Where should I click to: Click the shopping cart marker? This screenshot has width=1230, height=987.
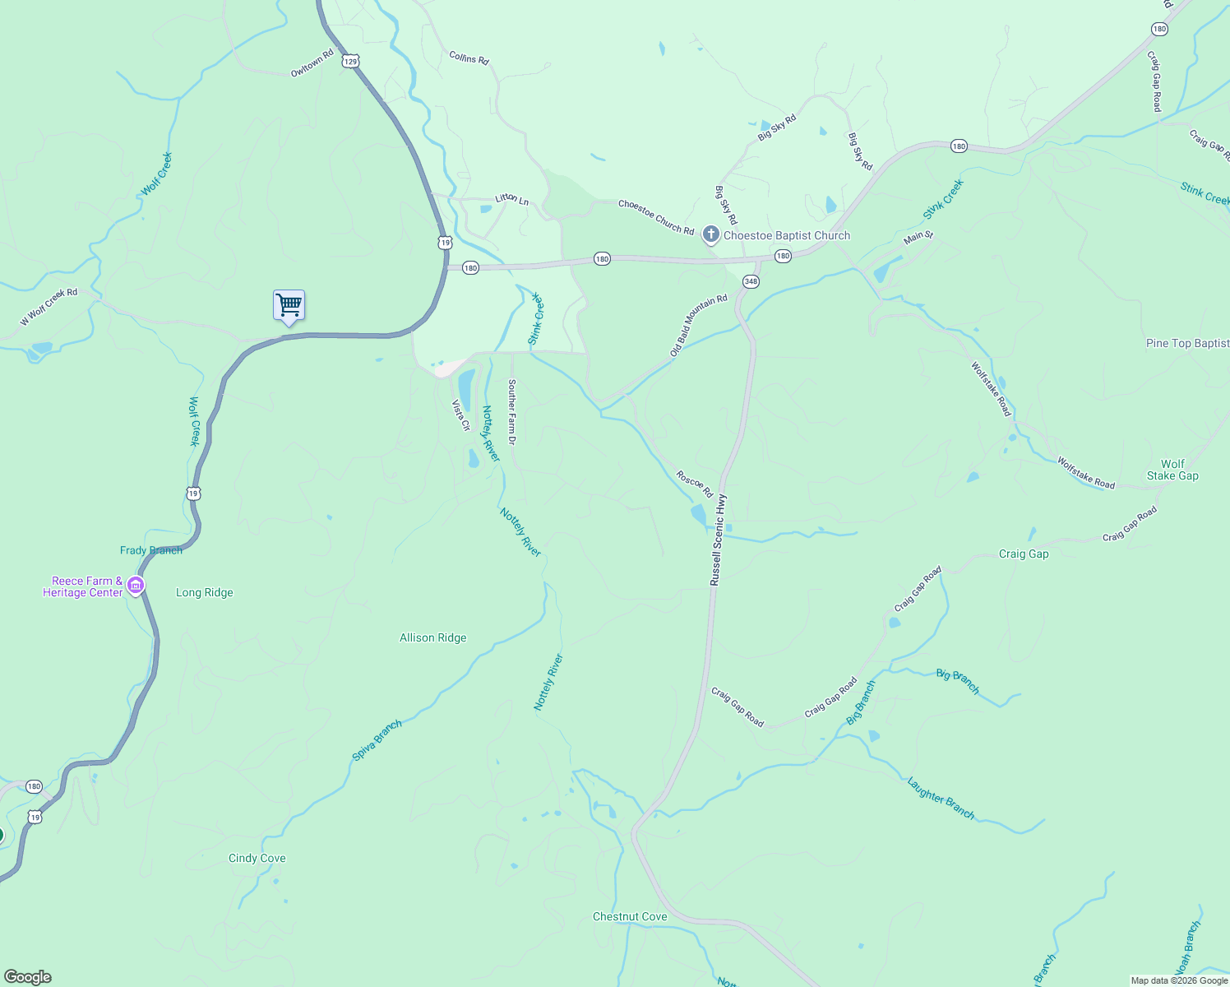289,305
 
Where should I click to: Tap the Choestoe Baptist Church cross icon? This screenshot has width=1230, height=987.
711,235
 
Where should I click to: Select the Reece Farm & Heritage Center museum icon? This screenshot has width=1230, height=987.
136,586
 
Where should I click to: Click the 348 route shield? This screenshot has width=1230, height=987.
750,281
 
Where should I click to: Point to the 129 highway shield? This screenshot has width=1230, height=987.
351,61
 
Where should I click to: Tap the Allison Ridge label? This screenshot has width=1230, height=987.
432,637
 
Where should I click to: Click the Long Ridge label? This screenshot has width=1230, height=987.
204,592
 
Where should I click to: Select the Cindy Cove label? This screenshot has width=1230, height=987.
257,858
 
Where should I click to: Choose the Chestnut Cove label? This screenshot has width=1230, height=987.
630,916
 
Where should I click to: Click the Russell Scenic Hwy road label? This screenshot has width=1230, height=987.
718,540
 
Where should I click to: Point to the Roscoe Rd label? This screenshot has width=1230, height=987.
694,484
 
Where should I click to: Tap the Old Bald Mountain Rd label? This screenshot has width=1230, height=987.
699,325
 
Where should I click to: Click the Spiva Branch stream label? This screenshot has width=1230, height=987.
377,740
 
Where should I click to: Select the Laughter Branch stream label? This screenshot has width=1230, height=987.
941,798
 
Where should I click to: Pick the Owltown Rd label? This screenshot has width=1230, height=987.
312,63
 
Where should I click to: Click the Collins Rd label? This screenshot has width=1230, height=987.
469,58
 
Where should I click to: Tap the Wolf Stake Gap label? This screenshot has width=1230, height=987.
1172,470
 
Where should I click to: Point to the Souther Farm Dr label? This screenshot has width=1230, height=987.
511,412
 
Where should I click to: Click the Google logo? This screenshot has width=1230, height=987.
28,977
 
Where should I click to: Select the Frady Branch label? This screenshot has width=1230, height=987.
151,550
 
